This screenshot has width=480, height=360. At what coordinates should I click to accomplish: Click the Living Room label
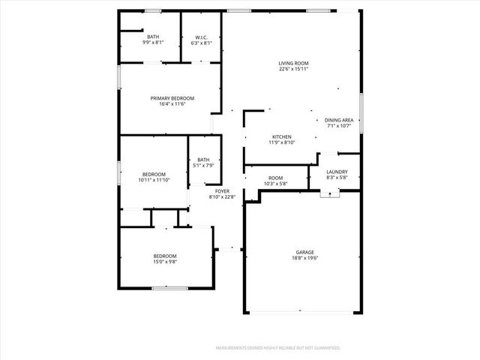tap(294, 63)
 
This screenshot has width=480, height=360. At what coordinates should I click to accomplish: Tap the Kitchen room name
tap(282, 136)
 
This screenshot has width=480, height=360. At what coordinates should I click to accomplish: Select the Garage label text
tap(304, 252)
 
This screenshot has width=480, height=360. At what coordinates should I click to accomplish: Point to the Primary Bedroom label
tap(172, 98)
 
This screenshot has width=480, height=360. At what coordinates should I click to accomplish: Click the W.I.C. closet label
tap(201, 37)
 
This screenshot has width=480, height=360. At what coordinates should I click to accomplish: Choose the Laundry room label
tap(337, 172)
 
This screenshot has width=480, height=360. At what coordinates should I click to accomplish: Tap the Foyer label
tap(222, 191)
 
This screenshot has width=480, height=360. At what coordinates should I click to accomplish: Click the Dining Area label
tap(339, 120)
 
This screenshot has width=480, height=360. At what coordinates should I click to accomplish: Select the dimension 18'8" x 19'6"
tap(304, 258)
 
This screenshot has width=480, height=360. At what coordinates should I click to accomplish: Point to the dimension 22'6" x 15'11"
tap(294, 69)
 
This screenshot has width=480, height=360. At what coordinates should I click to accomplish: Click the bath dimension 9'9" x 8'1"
tap(153, 43)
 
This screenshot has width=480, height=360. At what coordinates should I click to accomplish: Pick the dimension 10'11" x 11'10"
tap(154, 180)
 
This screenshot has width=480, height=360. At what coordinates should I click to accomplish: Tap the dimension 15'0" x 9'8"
tap(165, 262)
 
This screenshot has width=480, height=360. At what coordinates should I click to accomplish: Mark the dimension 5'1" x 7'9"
tap(204, 165)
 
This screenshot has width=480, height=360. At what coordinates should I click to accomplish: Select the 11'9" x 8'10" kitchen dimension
tap(282, 142)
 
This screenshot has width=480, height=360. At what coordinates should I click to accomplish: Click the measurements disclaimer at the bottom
tap(278, 348)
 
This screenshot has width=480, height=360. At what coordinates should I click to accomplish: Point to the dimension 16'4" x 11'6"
tap(172, 104)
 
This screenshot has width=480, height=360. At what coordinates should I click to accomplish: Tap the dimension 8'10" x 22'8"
tap(222, 197)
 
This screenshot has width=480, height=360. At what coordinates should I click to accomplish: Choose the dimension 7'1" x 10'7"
tap(339, 126)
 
